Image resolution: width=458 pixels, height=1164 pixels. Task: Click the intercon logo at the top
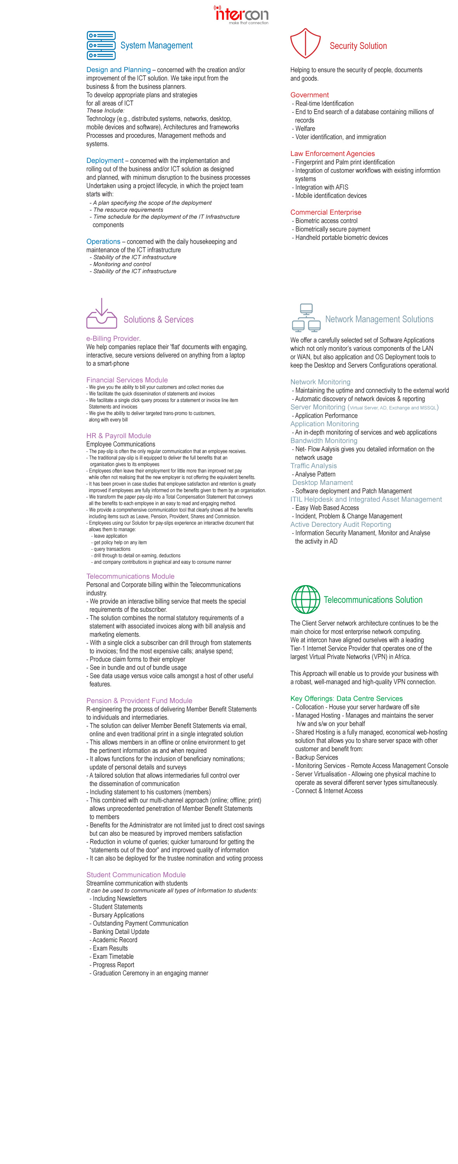(241, 14)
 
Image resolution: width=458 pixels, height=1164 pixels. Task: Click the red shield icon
(305, 43)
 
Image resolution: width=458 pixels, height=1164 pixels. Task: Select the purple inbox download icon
(102, 314)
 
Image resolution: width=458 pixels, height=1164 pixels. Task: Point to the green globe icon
(305, 599)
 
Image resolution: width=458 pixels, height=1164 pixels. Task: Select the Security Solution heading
(358, 46)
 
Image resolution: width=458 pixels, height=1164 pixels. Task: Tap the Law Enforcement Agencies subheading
(332, 154)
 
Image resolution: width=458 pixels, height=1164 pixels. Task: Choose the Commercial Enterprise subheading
(326, 212)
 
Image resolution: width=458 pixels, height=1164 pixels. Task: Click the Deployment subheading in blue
(105, 160)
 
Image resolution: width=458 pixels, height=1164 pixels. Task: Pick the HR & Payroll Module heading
(118, 436)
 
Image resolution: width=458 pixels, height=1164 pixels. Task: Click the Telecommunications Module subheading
(130, 576)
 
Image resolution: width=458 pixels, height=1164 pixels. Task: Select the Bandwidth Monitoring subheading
(324, 440)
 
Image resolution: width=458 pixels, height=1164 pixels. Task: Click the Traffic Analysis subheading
(313, 466)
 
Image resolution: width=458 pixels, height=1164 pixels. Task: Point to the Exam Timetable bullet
(113, 956)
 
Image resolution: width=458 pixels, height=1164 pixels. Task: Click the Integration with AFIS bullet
(321, 187)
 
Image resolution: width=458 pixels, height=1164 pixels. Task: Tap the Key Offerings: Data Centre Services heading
(346, 698)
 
